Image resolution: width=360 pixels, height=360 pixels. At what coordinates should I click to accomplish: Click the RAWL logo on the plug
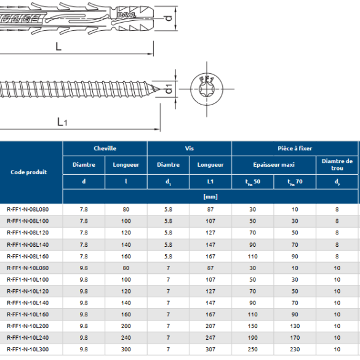pyautogui.click(x=127, y=15)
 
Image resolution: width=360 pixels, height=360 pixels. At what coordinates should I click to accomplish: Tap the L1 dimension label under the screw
pyautogui.click(x=62, y=122)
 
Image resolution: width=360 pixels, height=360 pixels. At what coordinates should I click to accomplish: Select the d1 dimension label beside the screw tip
pyautogui.click(x=169, y=89)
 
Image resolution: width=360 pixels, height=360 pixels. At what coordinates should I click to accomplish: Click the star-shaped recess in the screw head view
pyautogui.click(x=207, y=89)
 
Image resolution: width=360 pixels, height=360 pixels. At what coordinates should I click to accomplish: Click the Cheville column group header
pyautogui.click(x=105, y=148)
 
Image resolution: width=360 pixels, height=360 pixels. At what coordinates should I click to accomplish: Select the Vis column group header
pyautogui.click(x=190, y=148)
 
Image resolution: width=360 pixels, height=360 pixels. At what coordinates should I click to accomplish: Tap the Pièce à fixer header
pyautogui.click(x=295, y=148)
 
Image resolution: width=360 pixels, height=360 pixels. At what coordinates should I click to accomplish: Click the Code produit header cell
pyautogui.click(x=29, y=172)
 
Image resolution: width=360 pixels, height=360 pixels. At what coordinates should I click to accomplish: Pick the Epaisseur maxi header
pyautogui.click(x=274, y=165)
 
